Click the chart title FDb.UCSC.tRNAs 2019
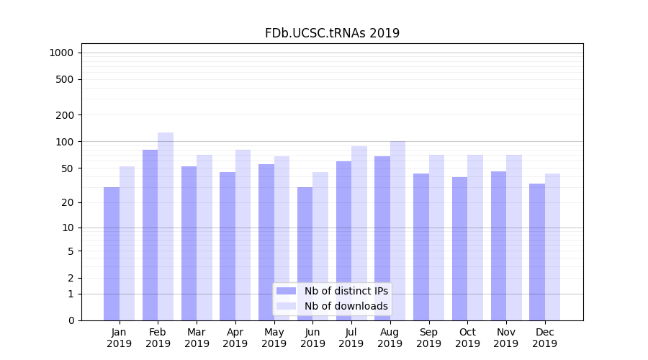(x=332, y=33)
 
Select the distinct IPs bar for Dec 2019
(x=537, y=252)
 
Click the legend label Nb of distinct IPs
(x=346, y=291)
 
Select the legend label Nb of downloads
(x=346, y=306)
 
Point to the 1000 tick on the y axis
(x=61, y=53)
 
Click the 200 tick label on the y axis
(x=65, y=115)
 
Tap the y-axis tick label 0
(x=71, y=320)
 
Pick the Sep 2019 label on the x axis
(x=428, y=338)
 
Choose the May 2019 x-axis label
(x=274, y=338)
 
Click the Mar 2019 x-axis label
(x=197, y=338)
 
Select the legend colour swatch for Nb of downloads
(x=286, y=306)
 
